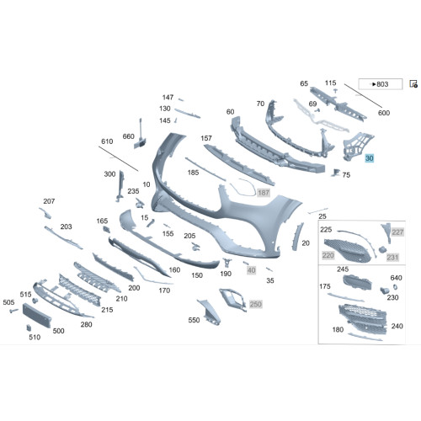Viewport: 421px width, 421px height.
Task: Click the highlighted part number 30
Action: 369,158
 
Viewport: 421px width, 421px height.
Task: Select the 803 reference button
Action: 381,84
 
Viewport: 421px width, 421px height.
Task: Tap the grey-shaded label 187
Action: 264,193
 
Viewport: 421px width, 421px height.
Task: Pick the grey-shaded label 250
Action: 255,304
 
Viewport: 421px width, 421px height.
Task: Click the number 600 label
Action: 384,113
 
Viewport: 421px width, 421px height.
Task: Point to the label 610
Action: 107,141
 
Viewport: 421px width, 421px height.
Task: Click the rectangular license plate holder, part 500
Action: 36,315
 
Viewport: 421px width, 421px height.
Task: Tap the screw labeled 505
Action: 13,311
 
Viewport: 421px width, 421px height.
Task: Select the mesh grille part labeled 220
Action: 348,250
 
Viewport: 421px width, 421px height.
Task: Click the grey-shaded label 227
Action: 397,232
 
